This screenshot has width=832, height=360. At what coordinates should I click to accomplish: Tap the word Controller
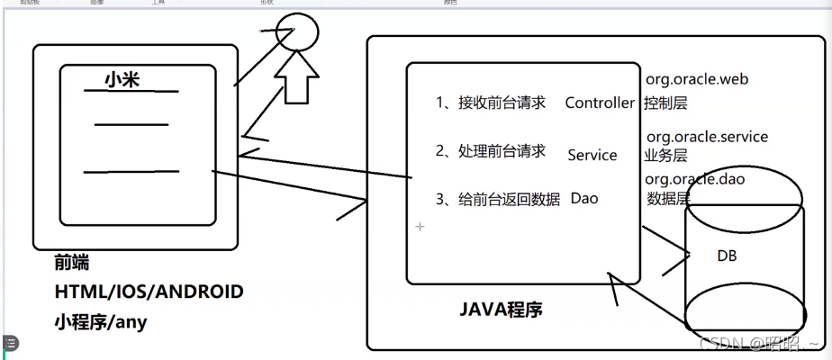point(600,103)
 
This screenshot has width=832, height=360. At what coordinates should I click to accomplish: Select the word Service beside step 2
point(592,155)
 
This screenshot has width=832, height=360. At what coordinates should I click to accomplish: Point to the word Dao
point(584,198)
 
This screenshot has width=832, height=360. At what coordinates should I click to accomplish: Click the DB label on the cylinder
point(727,256)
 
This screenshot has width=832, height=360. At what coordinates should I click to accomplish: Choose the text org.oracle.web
point(697,79)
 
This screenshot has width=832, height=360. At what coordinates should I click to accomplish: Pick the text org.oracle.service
point(707,137)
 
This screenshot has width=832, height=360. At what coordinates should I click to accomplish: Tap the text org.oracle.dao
point(695,179)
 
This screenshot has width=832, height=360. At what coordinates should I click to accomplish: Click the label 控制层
point(665,103)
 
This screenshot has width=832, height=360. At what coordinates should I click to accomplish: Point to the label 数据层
point(667,198)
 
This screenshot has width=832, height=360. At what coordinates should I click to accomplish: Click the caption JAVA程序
point(502,311)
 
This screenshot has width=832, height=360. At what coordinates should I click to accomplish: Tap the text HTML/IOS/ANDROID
point(149,292)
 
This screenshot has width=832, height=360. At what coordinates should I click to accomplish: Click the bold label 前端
point(72,264)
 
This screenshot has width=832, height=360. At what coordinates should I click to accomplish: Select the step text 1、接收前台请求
point(491,103)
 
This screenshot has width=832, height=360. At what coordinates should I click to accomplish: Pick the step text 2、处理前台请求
point(491,151)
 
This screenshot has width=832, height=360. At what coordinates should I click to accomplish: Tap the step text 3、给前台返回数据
point(498,199)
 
